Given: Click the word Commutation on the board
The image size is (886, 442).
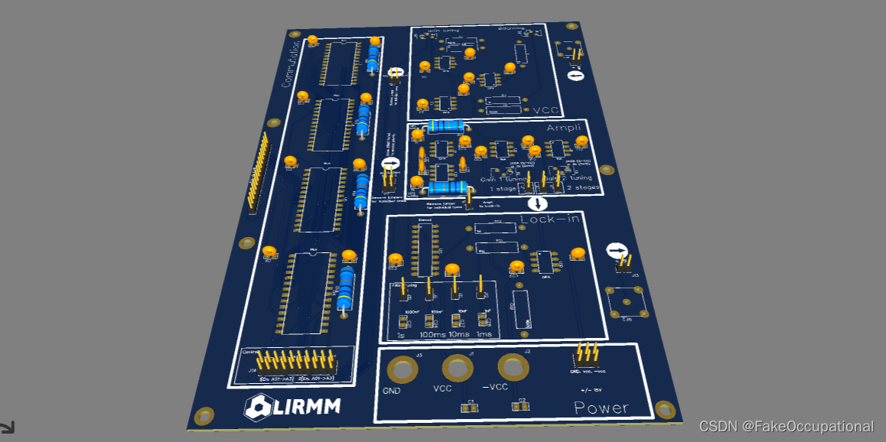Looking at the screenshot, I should click(290, 64).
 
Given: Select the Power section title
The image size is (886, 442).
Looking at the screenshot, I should click(601, 408).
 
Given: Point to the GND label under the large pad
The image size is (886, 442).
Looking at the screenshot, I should click(392, 391).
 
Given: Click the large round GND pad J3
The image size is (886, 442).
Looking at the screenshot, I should click(402, 370).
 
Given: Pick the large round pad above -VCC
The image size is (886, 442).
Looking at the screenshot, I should click(513, 368).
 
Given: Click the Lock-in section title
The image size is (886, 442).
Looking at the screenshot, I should click(549, 220).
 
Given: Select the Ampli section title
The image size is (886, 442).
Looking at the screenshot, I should click(564, 128).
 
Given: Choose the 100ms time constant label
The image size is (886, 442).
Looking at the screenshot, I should click(432, 335).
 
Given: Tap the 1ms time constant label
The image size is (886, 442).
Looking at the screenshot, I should click(484, 334).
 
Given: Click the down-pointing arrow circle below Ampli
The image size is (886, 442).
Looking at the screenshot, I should click(538, 203).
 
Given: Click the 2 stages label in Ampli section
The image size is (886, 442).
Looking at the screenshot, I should click(581, 187).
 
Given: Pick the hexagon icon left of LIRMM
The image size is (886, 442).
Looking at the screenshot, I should click(259, 408).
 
